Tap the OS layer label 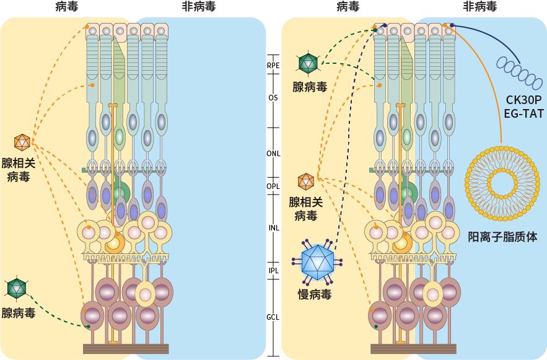click(273, 97)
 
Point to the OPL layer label click(273, 186)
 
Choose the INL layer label click(273, 227)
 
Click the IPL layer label click(273, 271)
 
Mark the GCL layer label click(273, 317)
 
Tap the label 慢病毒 click(314, 294)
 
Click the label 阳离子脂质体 click(502, 237)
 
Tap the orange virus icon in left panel click(22, 142)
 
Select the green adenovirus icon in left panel click(15, 288)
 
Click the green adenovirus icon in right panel click(308, 63)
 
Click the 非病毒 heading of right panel click(479, 7)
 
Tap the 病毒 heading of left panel click(66, 7)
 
